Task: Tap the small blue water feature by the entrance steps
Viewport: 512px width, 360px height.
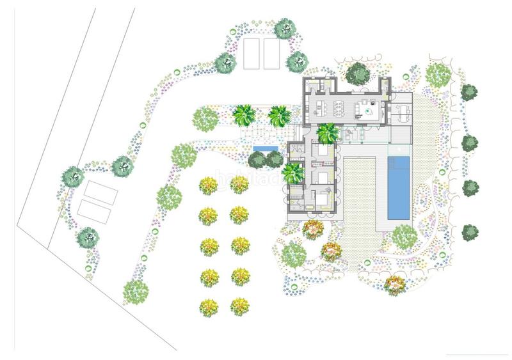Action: pos(265,149)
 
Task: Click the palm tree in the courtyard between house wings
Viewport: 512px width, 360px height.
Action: pos(327,133)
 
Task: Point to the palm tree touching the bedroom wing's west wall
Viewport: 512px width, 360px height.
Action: pos(292,173)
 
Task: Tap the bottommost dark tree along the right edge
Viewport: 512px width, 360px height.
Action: pos(470,231)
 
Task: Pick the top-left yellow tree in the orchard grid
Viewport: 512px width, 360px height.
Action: pos(209,185)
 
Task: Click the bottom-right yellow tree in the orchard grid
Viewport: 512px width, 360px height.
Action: pos(239,306)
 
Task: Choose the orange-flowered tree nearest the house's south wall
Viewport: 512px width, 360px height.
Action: pos(313,230)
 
